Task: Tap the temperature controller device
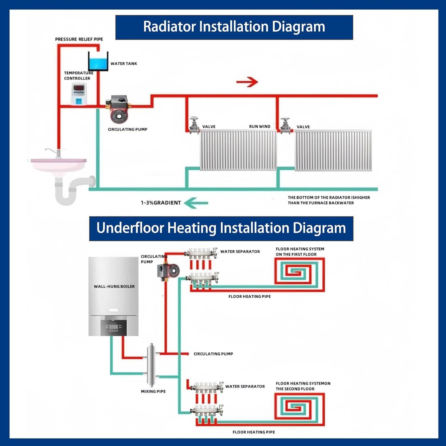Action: [x=78, y=94]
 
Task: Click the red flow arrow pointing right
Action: [x=247, y=82]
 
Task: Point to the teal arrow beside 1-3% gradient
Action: [x=196, y=203]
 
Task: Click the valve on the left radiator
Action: [x=194, y=125]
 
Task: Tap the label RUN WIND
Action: [x=260, y=126]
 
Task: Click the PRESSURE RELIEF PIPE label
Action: [x=79, y=39]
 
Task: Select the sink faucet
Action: [x=54, y=152]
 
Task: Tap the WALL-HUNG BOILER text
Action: [x=114, y=286]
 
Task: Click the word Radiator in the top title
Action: [x=169, y=27]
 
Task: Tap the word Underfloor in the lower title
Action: [x=130, y=228]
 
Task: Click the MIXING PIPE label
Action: [x=153, y=391]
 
